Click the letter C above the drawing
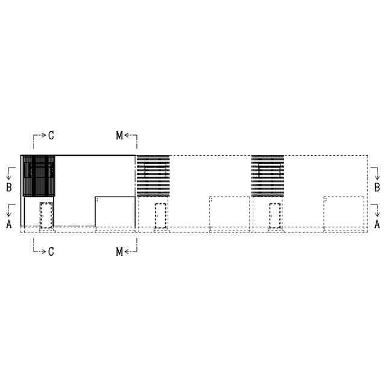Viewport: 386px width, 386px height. pos(51,135)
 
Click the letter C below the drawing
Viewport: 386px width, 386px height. pos(51,252)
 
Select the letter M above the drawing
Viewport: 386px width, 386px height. pos(119,135)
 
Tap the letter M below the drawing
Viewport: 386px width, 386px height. pos(119,252)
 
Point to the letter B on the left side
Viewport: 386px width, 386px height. pos(9,188)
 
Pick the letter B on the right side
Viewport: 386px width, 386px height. pos(377,188)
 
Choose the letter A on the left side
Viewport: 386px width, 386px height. pos(9,224)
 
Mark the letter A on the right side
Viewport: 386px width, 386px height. pos(377,224)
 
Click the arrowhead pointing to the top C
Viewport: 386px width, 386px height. pos(43,135)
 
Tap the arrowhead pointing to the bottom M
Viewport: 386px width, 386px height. pos(127,252)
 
